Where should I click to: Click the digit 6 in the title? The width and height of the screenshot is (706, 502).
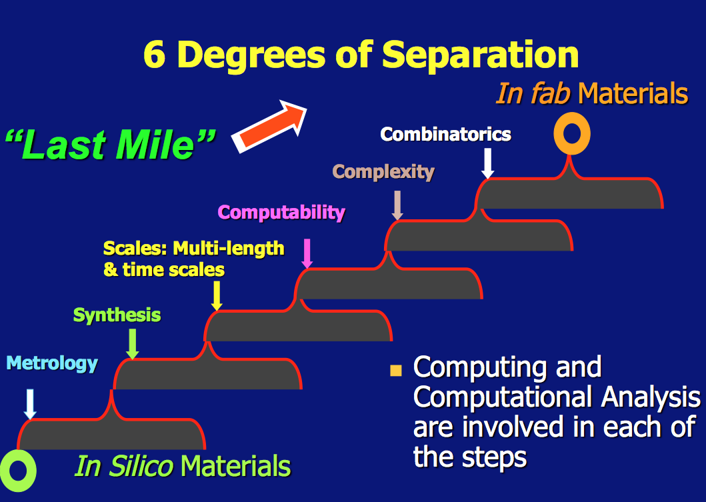(x=155, y=55)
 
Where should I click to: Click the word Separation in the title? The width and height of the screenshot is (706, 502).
(x=481, y=56)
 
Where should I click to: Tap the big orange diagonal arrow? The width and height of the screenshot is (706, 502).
(x=269, y=126)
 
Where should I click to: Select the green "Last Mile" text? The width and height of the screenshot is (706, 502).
(x=111, y=144)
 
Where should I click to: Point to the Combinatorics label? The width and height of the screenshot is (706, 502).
(x=446, y=134)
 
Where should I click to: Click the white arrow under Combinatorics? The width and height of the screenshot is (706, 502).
(x=487, y=164)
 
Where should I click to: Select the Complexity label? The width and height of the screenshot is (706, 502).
(x=383, y=172)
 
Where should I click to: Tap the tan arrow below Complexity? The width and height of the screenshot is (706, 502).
(x=397, y=205)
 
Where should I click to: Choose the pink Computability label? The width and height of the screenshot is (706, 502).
(x=282, y=213)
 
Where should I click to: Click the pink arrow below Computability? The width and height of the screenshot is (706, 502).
(x=307, y=253)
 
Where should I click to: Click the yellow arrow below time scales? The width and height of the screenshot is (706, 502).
(x=217, y=296)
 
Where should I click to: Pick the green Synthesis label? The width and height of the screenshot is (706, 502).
(x=117, y=315)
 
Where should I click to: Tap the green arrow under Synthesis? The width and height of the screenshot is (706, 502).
(x=133, y=344)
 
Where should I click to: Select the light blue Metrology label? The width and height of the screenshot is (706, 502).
(x=52, y=363)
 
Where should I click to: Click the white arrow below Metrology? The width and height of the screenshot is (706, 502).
(x=30, y=404)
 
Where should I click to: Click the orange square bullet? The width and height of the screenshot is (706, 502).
(x=396, y=370)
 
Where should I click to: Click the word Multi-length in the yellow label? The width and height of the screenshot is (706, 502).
(x=229, y=248)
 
